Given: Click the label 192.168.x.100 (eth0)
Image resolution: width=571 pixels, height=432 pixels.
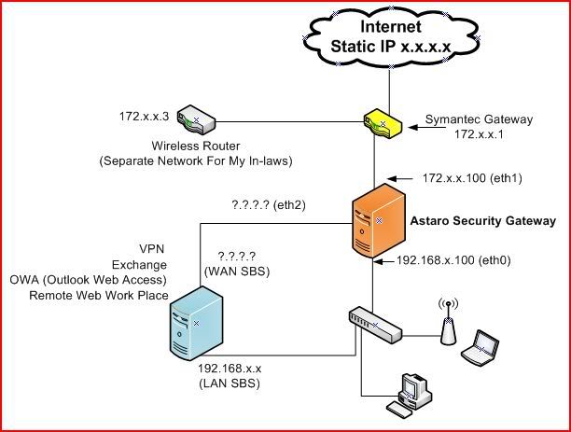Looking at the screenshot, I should tap(454, 263).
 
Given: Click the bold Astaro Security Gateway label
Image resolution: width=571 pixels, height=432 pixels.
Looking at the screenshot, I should tap(483, 220).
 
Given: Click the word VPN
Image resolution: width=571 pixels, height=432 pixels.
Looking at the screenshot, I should tap(153, 249).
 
